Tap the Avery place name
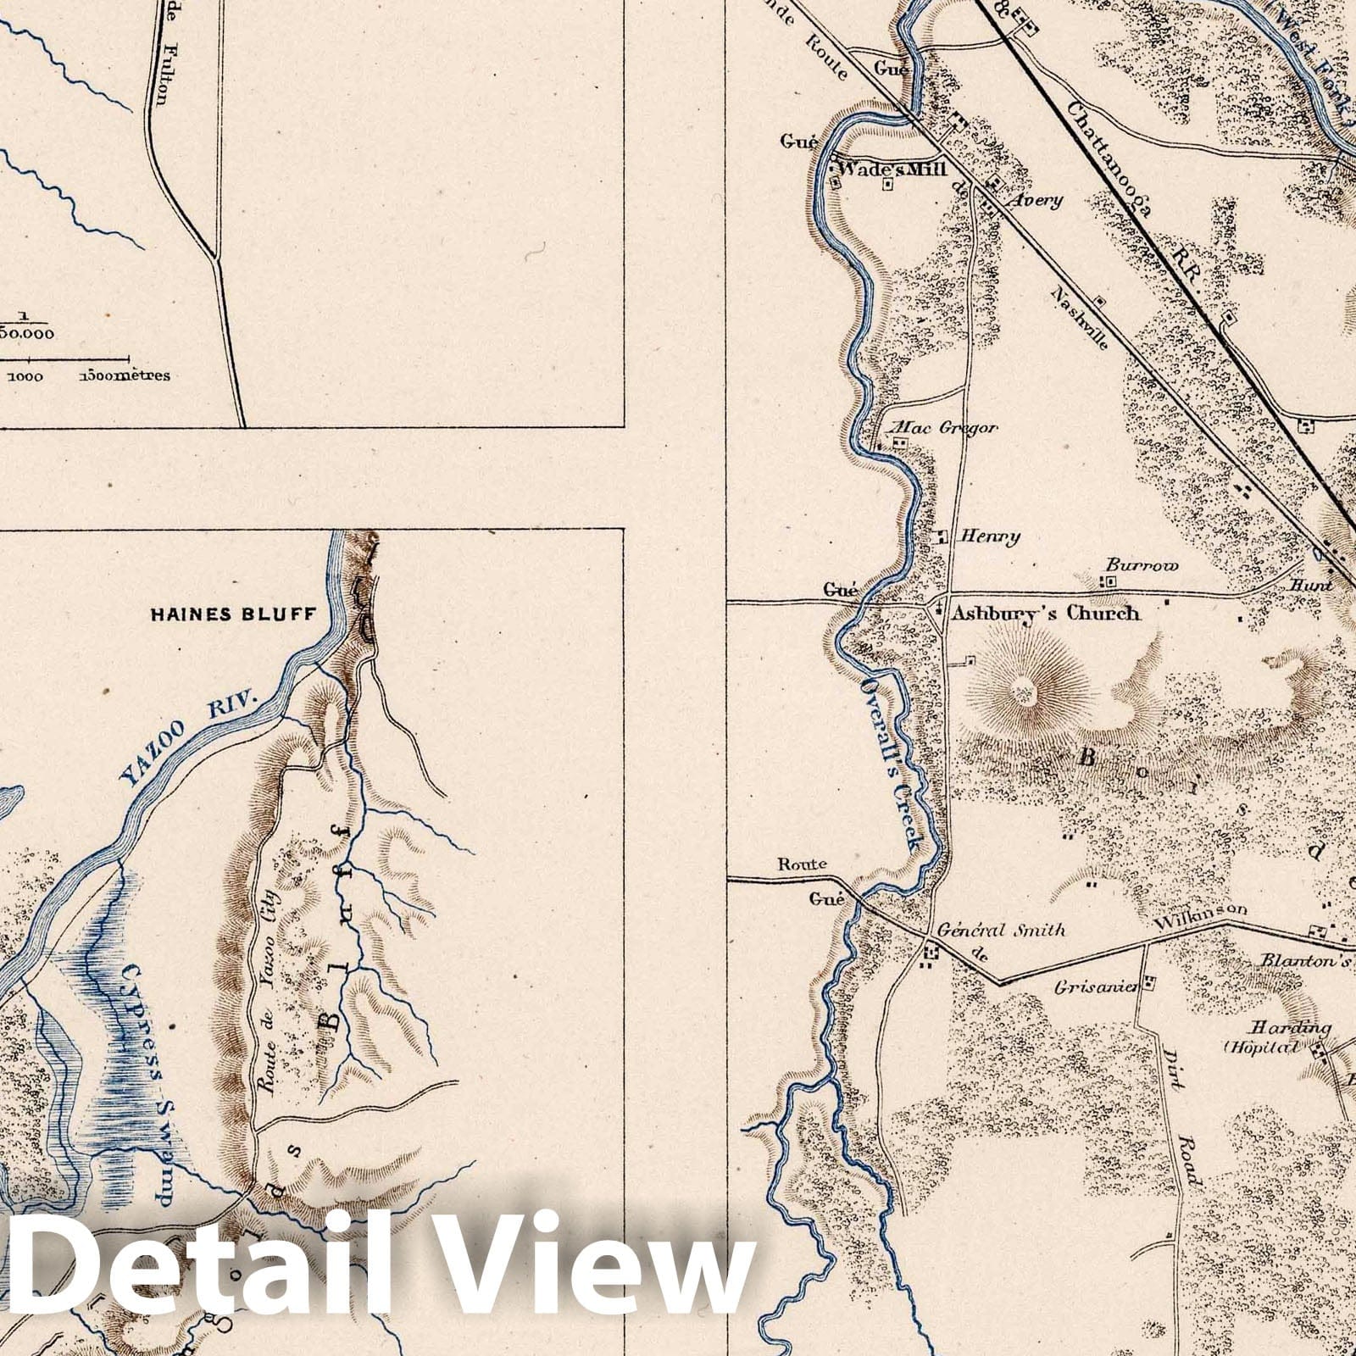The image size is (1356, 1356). point(1036,201)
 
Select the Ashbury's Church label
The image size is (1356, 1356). point(1044,613)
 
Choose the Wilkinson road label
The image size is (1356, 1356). point(1201,911)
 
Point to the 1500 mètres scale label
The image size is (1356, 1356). point(125,375)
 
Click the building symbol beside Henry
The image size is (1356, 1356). point(942,536)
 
